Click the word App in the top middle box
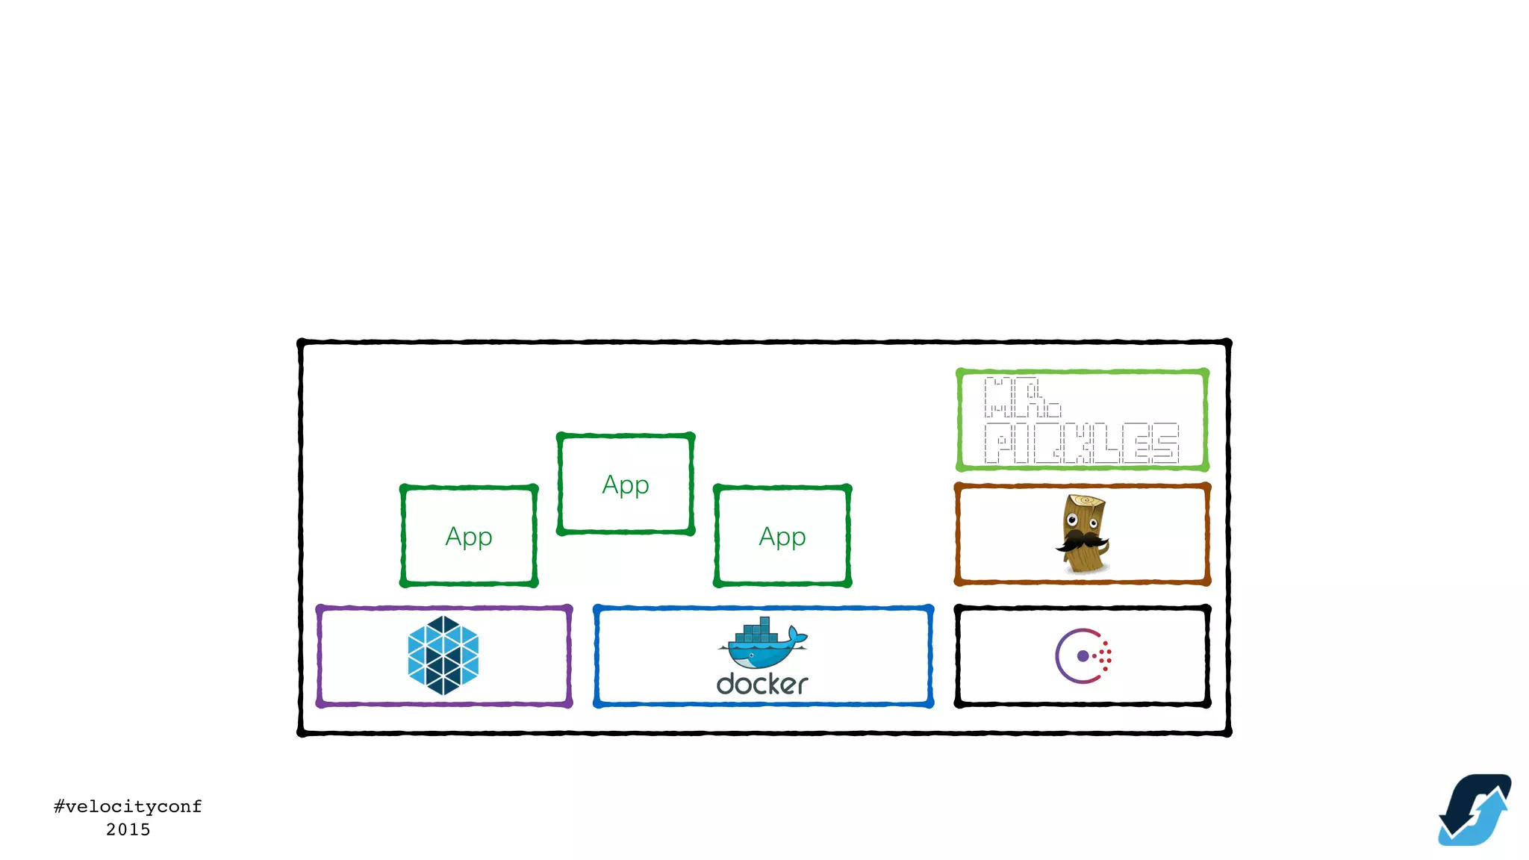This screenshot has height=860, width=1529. (x=626, y=485)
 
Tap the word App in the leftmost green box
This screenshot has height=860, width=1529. (x=469, y=537)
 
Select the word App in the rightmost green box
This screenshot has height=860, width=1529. (x=782, y=537)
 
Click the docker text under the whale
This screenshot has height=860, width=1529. (x=762, y=684)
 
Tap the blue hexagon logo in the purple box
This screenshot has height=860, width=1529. (x=443, y=655)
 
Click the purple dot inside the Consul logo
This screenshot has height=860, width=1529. (x=1083, y=656)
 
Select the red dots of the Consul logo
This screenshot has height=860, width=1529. (x=1106, y=656)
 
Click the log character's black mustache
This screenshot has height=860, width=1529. (x=1081, y=540)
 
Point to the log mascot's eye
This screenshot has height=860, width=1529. (x=1073, y=520)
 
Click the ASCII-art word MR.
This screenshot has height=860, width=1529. (x=1021, y=397)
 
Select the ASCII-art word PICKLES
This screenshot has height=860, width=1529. (x=1081, y=443)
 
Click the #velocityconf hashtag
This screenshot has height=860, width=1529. (x=128, y=806)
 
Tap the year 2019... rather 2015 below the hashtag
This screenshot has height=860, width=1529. (x=128, y=829)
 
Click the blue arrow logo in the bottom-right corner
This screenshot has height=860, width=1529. (x=1474, y=810)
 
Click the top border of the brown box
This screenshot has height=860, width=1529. (x=1082, y=487)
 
